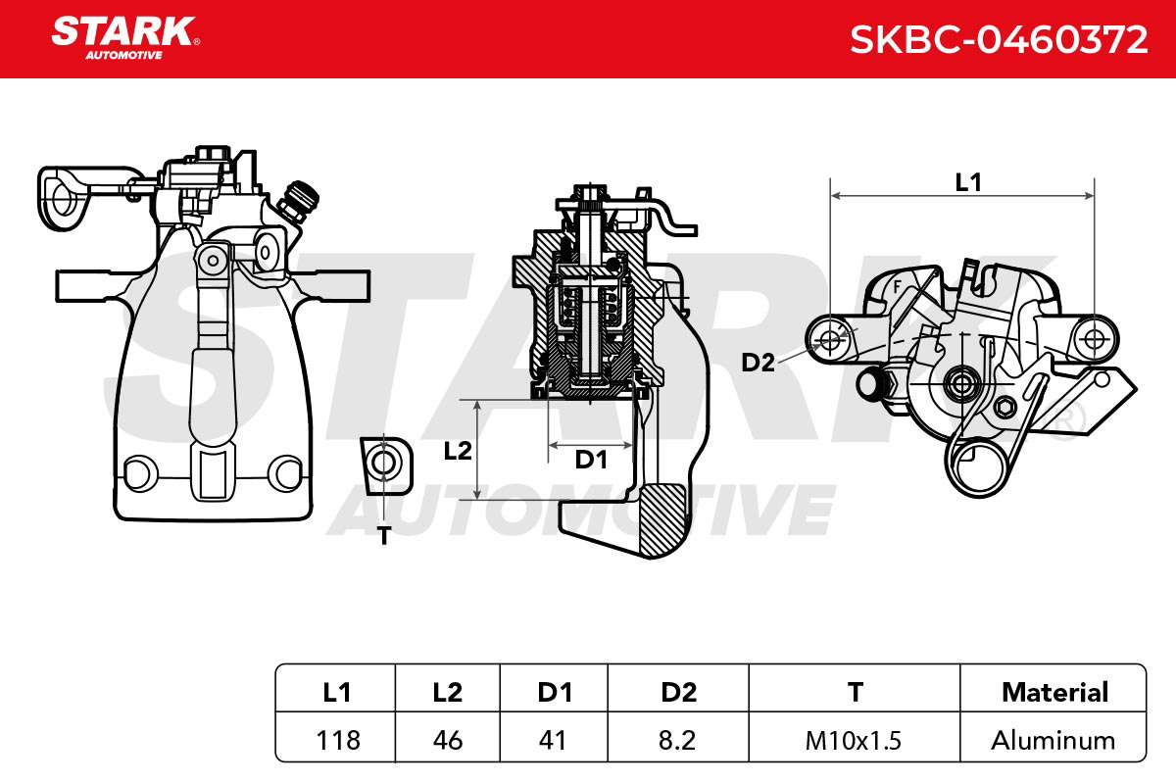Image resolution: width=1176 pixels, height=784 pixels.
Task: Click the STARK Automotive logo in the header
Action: [x=125, y=38]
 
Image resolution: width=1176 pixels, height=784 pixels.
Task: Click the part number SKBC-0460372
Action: [x=999, y=40]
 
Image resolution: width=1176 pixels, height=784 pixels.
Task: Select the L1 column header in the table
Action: [x=336, y=692]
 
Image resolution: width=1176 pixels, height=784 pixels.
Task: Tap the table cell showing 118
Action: [x=338, y=741]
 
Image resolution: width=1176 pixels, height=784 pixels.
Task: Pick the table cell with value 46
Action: [x=448, y=741]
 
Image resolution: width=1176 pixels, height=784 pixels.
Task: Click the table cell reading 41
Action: [x=553, y=741]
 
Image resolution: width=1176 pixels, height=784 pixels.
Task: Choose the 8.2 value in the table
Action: [x=677, y=741]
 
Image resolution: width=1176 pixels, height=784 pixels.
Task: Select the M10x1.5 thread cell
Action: [x=854, y=741]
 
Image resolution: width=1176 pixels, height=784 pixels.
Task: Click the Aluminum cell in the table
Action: [x=1053, y=741]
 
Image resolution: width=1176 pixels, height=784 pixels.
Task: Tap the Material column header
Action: [x=1055, y=692]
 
